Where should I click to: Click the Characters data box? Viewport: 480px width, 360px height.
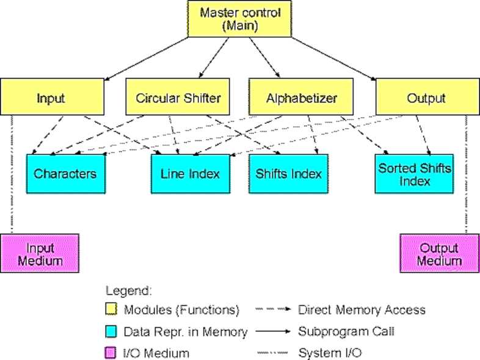pyautogui.click(x=65, y=173)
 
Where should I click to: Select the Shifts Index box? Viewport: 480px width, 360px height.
pyautogui.click(x=288, y=173)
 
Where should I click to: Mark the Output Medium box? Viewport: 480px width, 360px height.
pyautogui.click(x=439, y=253)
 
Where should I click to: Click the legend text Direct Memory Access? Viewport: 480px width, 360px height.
pyautogui.click(x=362, y=310)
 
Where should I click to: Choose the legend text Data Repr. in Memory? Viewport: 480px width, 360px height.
pyautogui.click(x=186, y=331)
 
